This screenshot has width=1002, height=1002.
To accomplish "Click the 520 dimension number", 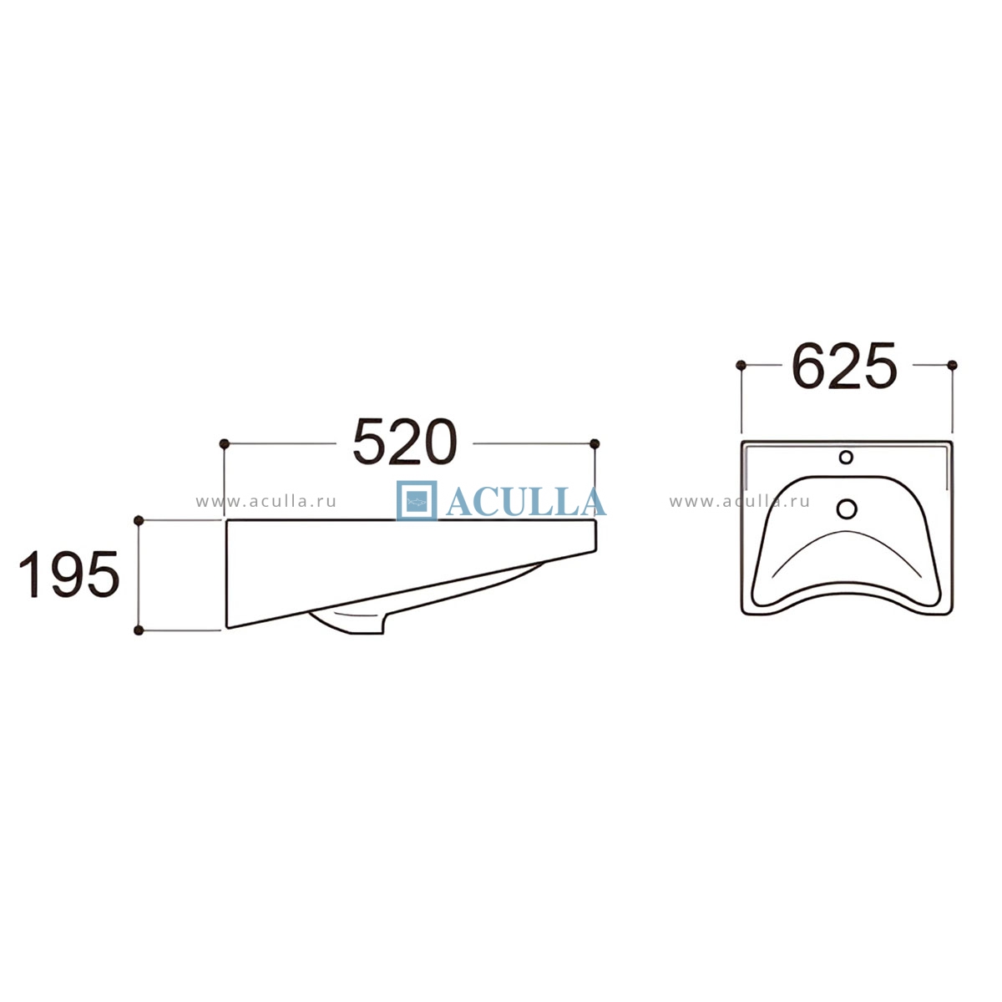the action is [x=404, y=442].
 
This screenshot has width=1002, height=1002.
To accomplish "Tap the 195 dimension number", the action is [x=69, y=574].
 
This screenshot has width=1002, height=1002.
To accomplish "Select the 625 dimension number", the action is [x=844, y=366].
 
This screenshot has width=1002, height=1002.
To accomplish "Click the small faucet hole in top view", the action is [x=846, y=457].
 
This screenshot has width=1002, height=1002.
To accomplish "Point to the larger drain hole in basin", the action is [x=847, y=508].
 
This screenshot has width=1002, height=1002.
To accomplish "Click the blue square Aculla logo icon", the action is [x=417, y=501].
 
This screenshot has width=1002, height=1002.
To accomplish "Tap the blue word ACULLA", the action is [x=526, y=503].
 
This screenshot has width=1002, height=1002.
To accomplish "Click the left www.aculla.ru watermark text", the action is [x=266, y=502].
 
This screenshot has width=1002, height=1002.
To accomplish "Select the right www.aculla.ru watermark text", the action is [x=740, y=502].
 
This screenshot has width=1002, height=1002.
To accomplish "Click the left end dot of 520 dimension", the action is [x=224, y=443].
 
